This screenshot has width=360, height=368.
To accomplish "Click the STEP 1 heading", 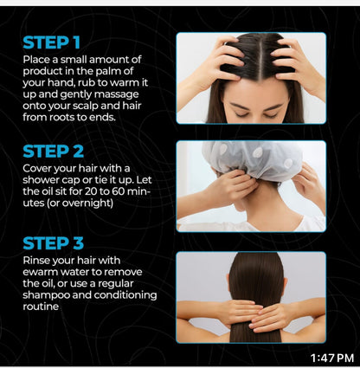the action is pyautogui.click(x=52, y=42).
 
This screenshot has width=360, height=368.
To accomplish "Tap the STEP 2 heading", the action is pyautogui.click(x=54, y=152).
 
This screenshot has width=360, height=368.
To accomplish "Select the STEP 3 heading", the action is pyautogui.click(x=54, y=243).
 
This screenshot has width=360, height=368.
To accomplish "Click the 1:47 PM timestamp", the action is pyautogui.click(x=332, y=358).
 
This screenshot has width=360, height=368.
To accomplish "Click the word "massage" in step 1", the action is pyautogui.click(x=117, y=95).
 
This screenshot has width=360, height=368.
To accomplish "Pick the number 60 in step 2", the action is pyautogui.click(x=119, y=191).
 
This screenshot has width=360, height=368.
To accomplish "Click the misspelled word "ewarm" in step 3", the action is pyautogui.click(x=39, y=272).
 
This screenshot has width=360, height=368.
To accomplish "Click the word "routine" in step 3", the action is pyautogui.click(x=41, y=307).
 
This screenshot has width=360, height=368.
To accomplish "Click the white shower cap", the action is pyautogui.click(x=252, y=159).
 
